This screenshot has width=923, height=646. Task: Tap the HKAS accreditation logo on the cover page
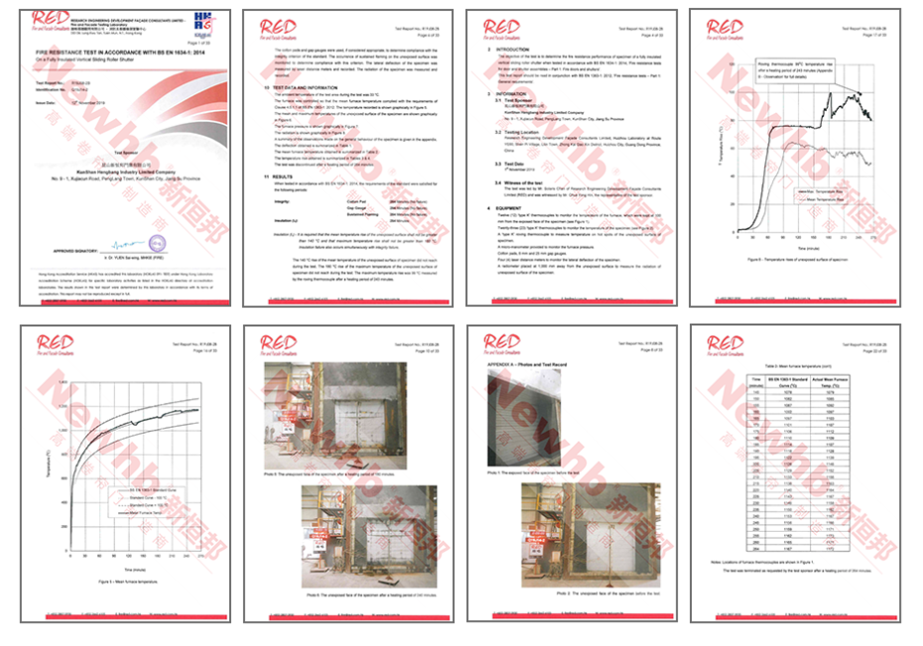click(203, 22)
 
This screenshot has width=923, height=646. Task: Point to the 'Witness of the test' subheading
click(531, 184)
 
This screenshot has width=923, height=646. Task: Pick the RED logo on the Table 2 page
click(725, 344)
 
